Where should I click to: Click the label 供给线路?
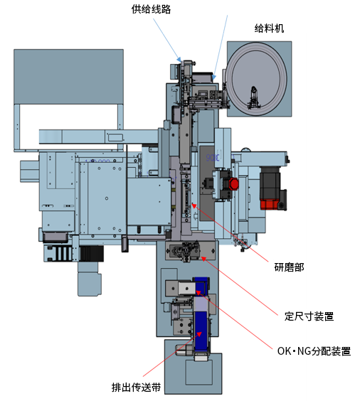pyautogui.click(x=151, y=9)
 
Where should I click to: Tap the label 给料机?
pyautogui.click(x=269, y=28)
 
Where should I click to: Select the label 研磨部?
pyautogui.click(x=289, y=267)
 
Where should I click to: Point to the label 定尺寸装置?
pyautogui.click(x=309, y=316)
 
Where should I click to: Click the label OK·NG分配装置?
pyautogui.click(x=314, y=351)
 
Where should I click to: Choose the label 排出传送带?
pyautogui.click(x=136, y=387)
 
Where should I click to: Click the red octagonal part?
pyautogui.click(x=234, y=183)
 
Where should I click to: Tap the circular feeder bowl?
pyautogui.click(x=256, y=78)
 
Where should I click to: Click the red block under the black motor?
pyautogui.click(x=269, y=205)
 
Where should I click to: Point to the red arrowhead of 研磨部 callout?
pyautogui.click(x=194, y=205)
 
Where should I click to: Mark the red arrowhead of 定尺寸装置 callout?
pyautogui.click(x=203, y=259)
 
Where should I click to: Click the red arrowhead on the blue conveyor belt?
pyautogui.click(x=198, y=334)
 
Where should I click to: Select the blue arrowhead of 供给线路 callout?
pyautogui.click(x=179, y=59)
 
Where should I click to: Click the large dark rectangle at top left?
pyautogui.click(x=68, y=77)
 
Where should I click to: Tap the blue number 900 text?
pyautogui.click(x=213, y=158)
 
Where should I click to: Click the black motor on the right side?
pyautogui.click(x=270, y=183)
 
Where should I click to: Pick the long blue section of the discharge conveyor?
pyautogui.click(x=201, y=331)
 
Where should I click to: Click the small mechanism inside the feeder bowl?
pyautogui.click(x=253, y=98)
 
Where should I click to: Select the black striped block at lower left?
pyautogui.click(x=92, y=253)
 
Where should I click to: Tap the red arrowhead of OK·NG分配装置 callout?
pyautogui.click(x=198, y=293)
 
